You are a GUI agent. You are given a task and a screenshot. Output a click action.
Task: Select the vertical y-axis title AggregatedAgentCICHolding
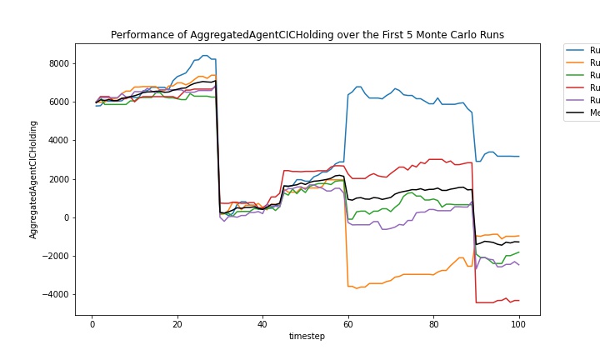point(34,179)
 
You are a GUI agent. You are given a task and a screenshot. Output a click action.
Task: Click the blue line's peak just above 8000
point(205,56)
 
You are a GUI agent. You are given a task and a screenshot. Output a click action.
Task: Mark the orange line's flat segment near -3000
point(417,274)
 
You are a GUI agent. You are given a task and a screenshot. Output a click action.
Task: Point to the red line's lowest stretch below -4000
point(487,302)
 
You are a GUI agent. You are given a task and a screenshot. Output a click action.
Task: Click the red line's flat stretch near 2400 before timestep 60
point(308,172)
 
